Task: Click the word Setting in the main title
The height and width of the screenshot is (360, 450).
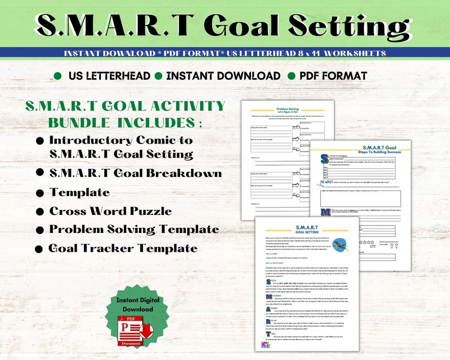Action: click(x=339, y=24)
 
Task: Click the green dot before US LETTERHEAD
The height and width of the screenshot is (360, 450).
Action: click(x=57, y=76)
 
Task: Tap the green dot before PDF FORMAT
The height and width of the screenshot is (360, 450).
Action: click(x=291, y=76)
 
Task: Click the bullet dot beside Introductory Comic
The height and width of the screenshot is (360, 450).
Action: click(x=40, y=140)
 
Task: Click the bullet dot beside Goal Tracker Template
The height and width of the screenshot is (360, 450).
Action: click(x=39, y=248)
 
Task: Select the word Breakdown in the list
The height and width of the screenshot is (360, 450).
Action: click(x=188, y=173)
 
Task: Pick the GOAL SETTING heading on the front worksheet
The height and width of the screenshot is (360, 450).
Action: click(x=306, y=231)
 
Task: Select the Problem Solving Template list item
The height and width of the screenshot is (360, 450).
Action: click(x=134, y=230)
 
